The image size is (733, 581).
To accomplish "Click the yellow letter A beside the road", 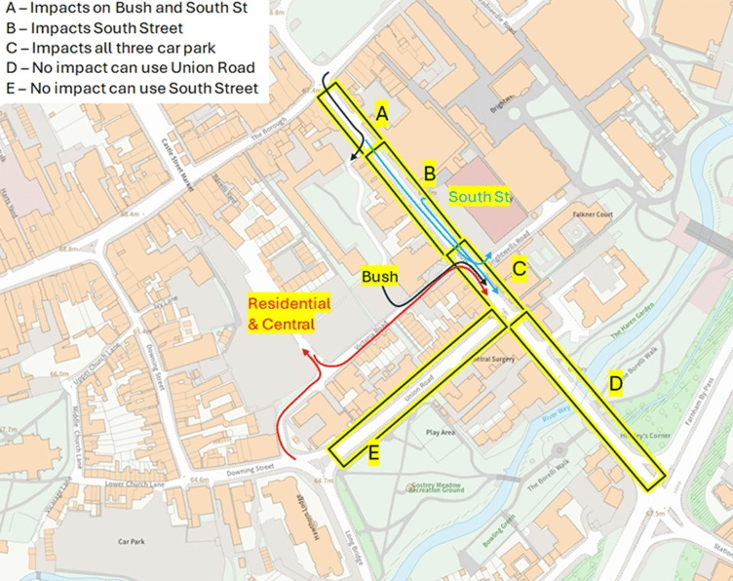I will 383,116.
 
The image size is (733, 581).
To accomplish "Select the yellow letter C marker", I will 520,267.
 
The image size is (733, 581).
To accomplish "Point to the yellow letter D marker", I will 615,384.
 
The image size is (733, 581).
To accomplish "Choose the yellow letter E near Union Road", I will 373,453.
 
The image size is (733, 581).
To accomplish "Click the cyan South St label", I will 480,198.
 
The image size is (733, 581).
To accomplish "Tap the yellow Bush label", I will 379,277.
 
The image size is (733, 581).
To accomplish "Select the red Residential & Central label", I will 289,313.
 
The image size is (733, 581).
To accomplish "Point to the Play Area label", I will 441,432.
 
